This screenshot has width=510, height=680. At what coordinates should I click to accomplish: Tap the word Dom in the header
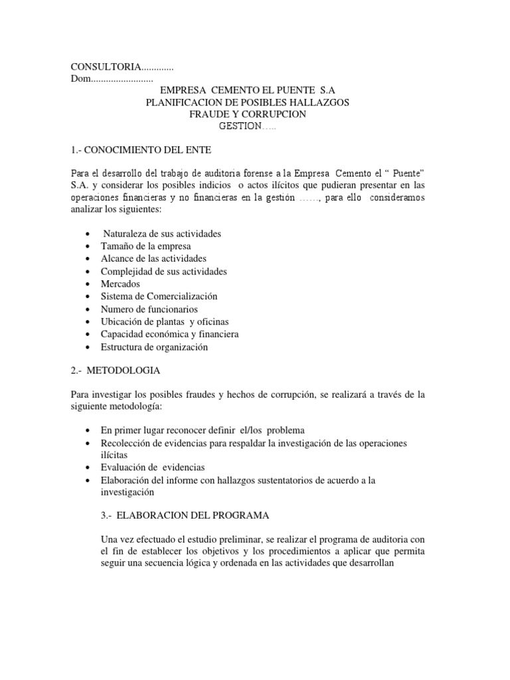[x=80, y=79]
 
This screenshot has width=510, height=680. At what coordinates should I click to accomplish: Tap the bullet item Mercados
[x=120, y=284]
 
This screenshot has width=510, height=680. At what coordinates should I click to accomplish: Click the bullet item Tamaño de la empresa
[x=137, y=246]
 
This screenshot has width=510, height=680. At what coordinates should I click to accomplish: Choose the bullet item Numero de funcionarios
[x=149, y=309]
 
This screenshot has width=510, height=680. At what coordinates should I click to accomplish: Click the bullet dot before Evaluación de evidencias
[x=88, y=468]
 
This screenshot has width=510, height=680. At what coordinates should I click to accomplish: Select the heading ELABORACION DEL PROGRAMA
[x=193, y=516]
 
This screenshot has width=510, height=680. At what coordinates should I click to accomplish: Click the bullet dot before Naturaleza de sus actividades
[x=88, y=234]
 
